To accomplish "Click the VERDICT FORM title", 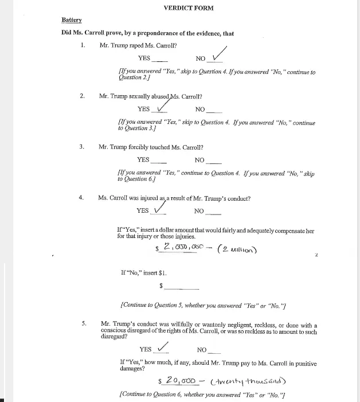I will point(188,8).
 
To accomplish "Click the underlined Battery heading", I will point(72,20).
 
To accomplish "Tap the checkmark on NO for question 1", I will point(217,55).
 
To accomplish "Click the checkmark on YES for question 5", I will point(162,346).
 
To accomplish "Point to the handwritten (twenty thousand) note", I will point(248,381).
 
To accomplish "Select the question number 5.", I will point(84,324).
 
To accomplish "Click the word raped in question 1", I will point(136,45).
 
